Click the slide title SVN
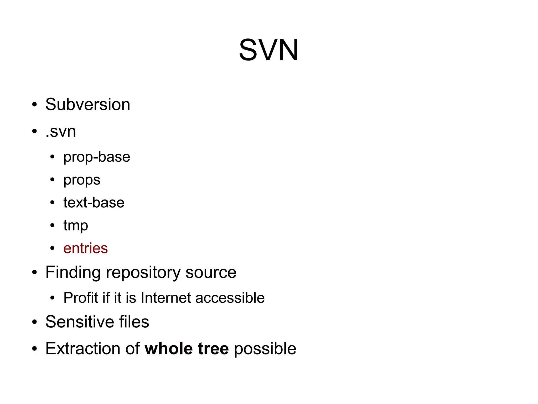pyautogui.click(x=268, y=50)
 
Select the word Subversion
pyautogui.click(x=88, y=104)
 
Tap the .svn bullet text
pyautogui.click(x=61, y=131)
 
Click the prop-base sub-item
pyautogui.click(x=97, y=157)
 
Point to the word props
pyautogui.click(x=82, y=180)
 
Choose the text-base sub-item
pyautogui.click(x=94, y=203)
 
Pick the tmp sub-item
pyautogui.click(x=76, y=226)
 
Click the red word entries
pyautogui.click(x=85, y=248)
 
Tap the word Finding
pyautogui.click(x=73, y=272)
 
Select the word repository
pyautogui.click(x=143, y=273)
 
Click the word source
pyautogui.click(x=211, y=272)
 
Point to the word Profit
pyautogui.click(x=81, y=298)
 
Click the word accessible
pyautogui.click(x=230, y=298)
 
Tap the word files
pyautogui.click(x=134, y=322)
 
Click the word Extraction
pyautogui.click(x=83, y=348)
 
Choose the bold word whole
pyautogui.click(x=169, y=348)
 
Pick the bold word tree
pyautogui.click(x=213, y=348)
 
